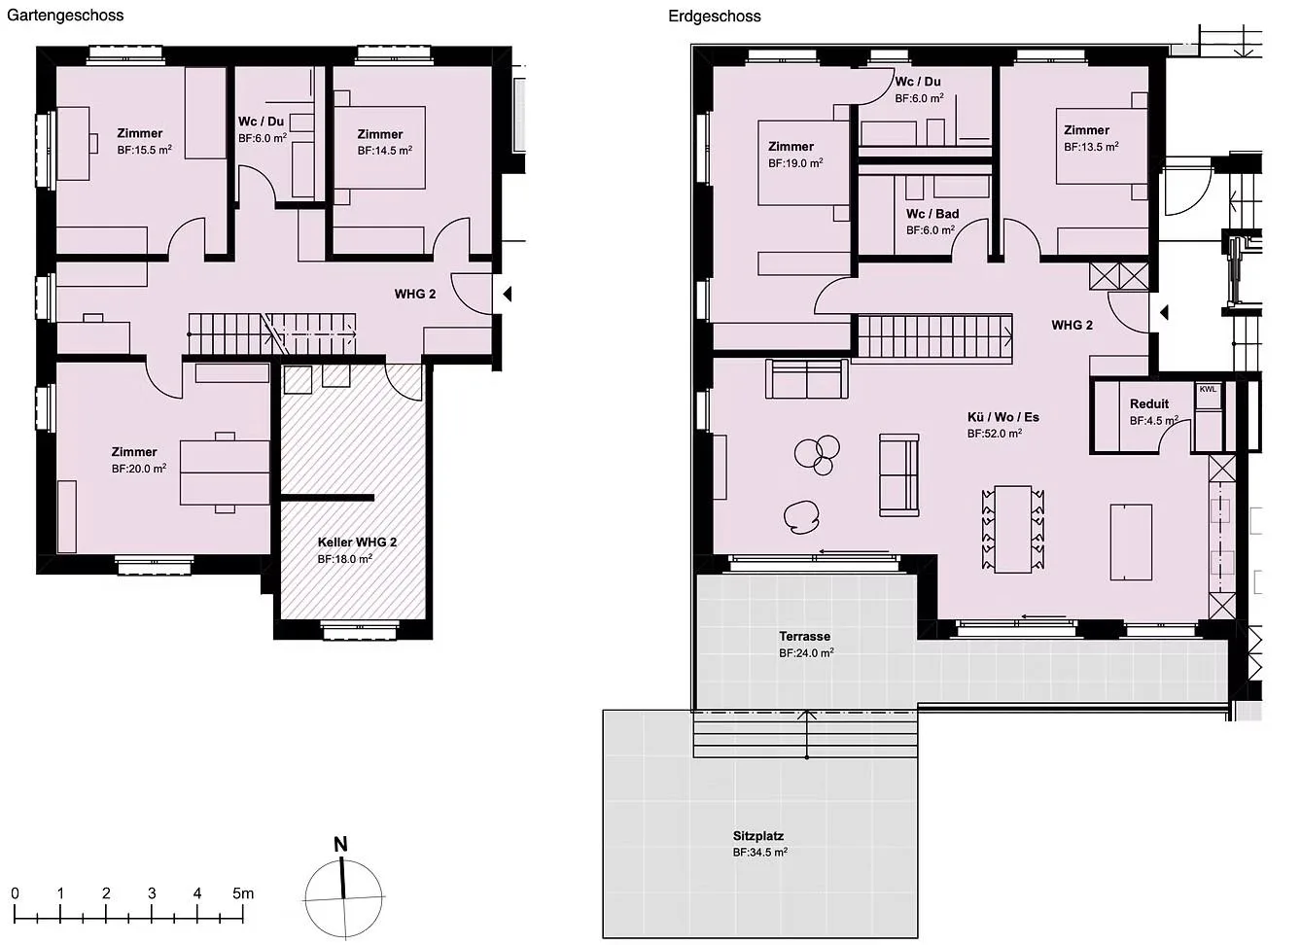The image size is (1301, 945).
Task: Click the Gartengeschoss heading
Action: point(65,16)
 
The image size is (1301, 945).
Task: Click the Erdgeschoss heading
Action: point(715,17)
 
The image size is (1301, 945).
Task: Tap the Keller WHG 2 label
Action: point(357,542)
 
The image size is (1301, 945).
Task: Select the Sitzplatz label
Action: point(758,836)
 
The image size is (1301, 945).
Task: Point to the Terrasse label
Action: point(804,637)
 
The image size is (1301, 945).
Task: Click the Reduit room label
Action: point(1149,403)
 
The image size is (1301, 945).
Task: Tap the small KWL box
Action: point(1208,389)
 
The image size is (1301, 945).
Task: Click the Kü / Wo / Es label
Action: point(1003,417)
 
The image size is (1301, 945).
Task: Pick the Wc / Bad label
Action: point(932,214)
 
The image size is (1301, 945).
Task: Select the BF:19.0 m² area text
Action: point(795,163)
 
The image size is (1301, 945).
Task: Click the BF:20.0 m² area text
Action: point(139,469)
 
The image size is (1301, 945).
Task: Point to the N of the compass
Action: point(341,845)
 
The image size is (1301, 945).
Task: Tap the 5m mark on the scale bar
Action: point(243,893)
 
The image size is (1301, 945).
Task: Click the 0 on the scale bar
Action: point(16,893)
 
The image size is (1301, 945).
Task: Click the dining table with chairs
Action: point(1013,529)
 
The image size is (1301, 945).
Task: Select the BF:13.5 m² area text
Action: point(1091,147)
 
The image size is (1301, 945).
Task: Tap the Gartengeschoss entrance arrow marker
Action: point(507,294)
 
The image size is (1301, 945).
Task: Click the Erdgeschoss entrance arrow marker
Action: point(1163,313)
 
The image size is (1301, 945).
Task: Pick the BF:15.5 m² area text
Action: point(144,150)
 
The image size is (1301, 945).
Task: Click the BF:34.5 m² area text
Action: point(759,853)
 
